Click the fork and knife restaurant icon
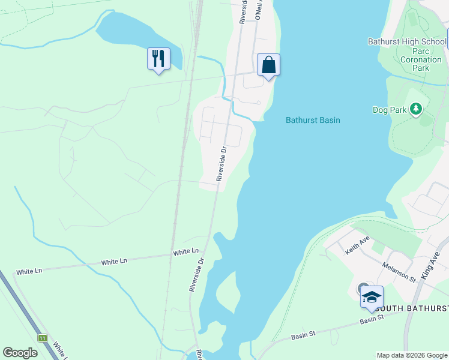click(x=158, y=59)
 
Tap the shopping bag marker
click(x=268, y=64)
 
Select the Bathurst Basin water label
click(x=312, y=120)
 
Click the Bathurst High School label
click(x=407, y=41)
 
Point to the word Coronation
click(x=421, y=59)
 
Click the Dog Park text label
click(x=389, y=110)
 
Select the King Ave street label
click(x=431, y=265)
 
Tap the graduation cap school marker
click(x=371, y=297)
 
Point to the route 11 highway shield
click(x=42, y=338)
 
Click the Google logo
click(x=20, y=353)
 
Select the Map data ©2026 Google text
click(x=412, y=355)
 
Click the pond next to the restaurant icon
click(x=129, y=33)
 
